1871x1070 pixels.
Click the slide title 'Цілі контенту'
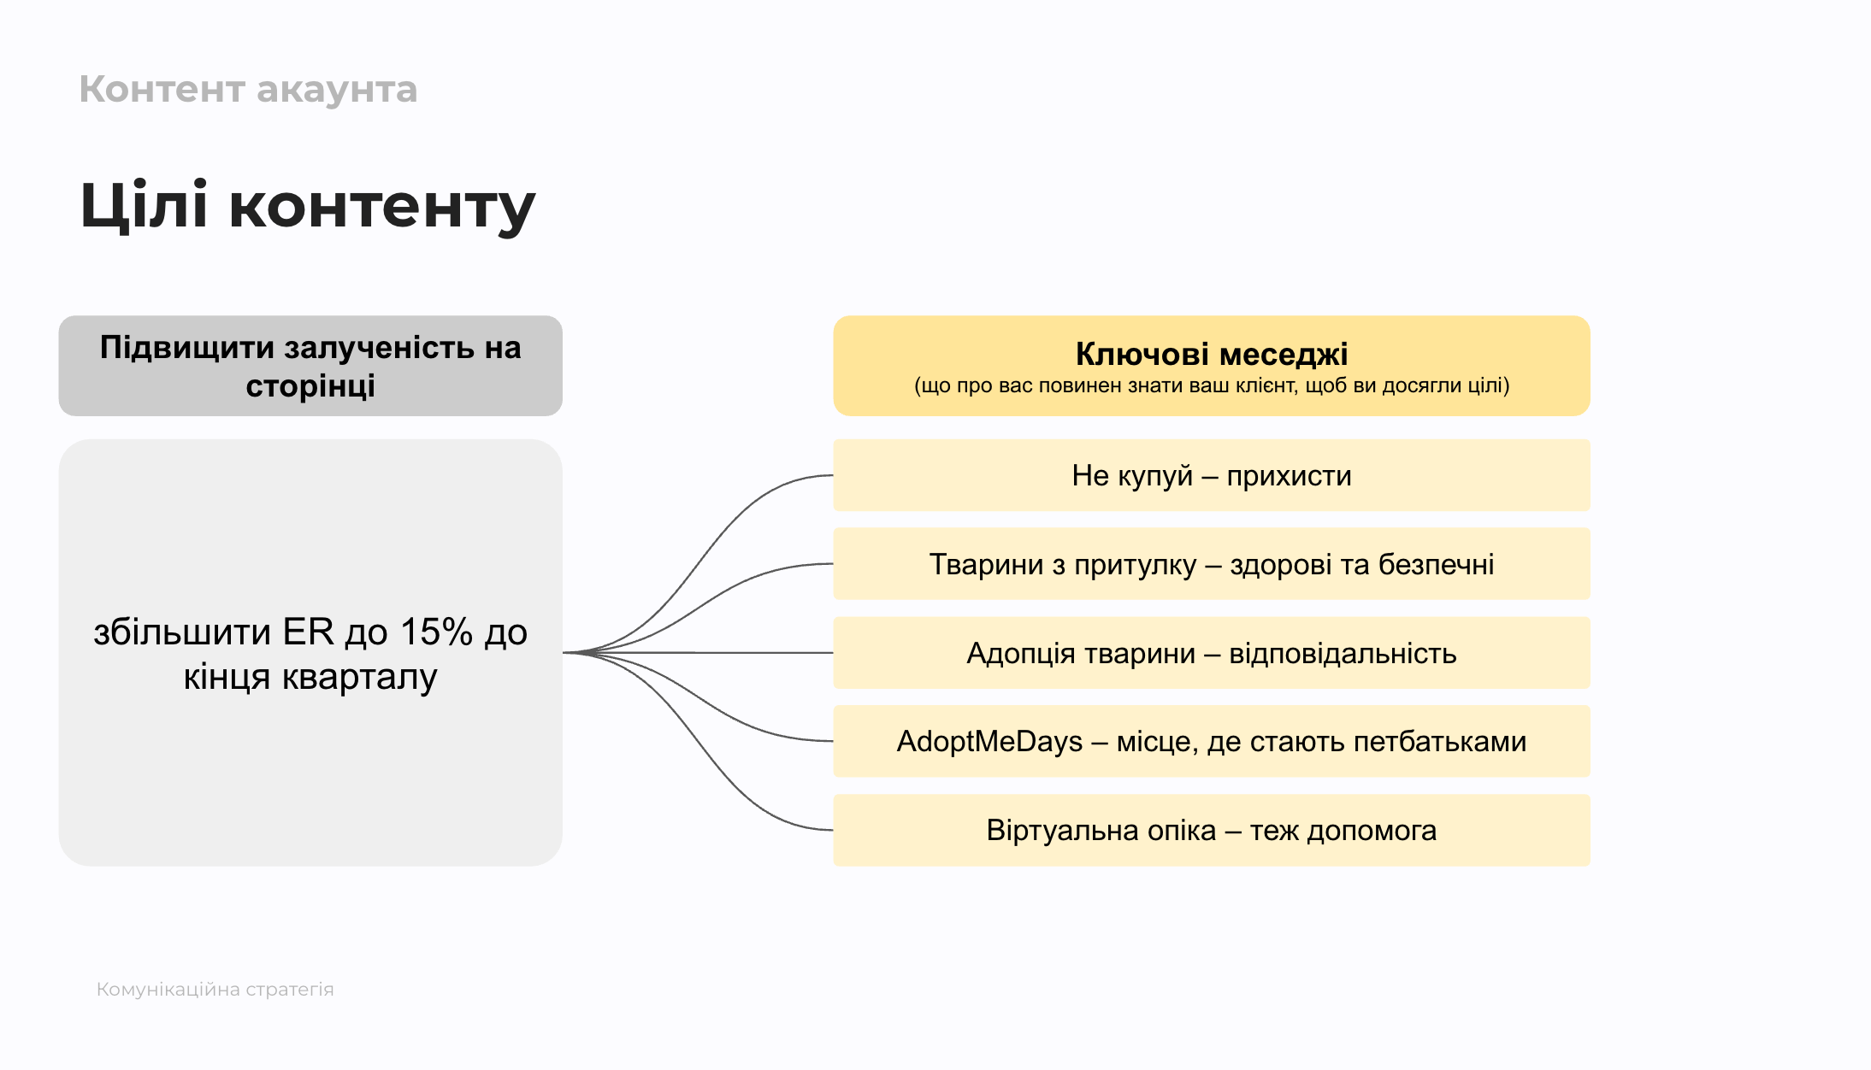coord(307,206)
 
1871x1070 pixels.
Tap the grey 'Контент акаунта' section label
coord(248,90)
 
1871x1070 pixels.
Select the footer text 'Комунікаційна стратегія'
coord(215,989)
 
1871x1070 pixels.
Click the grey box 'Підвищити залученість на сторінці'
coord(310,366)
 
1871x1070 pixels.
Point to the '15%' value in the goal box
coord(436,632)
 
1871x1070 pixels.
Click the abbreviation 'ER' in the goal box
coord(308,632)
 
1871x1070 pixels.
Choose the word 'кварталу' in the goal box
coord(360,677)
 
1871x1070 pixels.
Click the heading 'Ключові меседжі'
coord(1212,354)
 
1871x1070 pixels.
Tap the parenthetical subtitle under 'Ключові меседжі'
coord(1212,385)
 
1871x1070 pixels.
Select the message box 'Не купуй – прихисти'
coord(1212,475)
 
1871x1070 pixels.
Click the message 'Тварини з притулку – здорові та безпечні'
coord(1212,564)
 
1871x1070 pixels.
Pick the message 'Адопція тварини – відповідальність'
coord(1212,653)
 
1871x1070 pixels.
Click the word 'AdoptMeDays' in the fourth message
coord(989,742)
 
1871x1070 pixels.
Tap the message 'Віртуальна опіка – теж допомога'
coord(1212,831)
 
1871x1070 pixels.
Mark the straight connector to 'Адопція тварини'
coord(698,653)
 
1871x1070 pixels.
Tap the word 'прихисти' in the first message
coord(1290,476)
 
